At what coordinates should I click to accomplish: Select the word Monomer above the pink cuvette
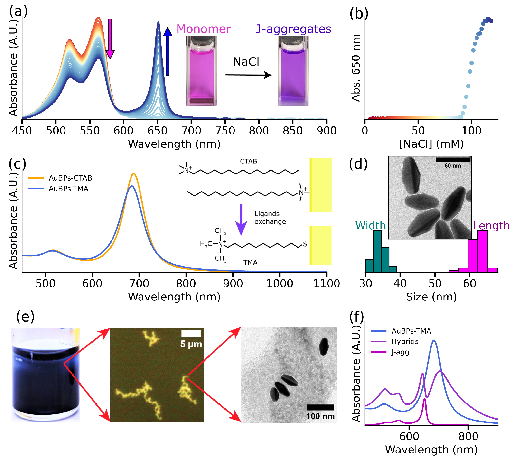(x=203, y=29)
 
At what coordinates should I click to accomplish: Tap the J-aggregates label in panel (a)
(x=293, y=29)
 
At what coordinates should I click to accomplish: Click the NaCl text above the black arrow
(x=246, y=62)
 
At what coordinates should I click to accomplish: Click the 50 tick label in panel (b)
(x=418, y=130)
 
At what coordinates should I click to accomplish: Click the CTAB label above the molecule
(x=248, y=161)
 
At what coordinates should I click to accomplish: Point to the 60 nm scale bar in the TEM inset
(x=452, y=160)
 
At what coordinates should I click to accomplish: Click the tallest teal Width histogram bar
(x=377, y=251)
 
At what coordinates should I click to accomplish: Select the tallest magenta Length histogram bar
(x=482, y=251)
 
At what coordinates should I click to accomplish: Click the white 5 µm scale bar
(x=191, y=333)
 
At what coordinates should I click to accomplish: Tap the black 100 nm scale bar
(x=320, y=407)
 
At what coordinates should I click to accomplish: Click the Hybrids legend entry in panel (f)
(x=405, y=341)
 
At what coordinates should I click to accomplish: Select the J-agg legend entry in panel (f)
(x=400, y=352)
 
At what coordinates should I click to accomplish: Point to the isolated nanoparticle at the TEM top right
(x=324, y=347)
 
